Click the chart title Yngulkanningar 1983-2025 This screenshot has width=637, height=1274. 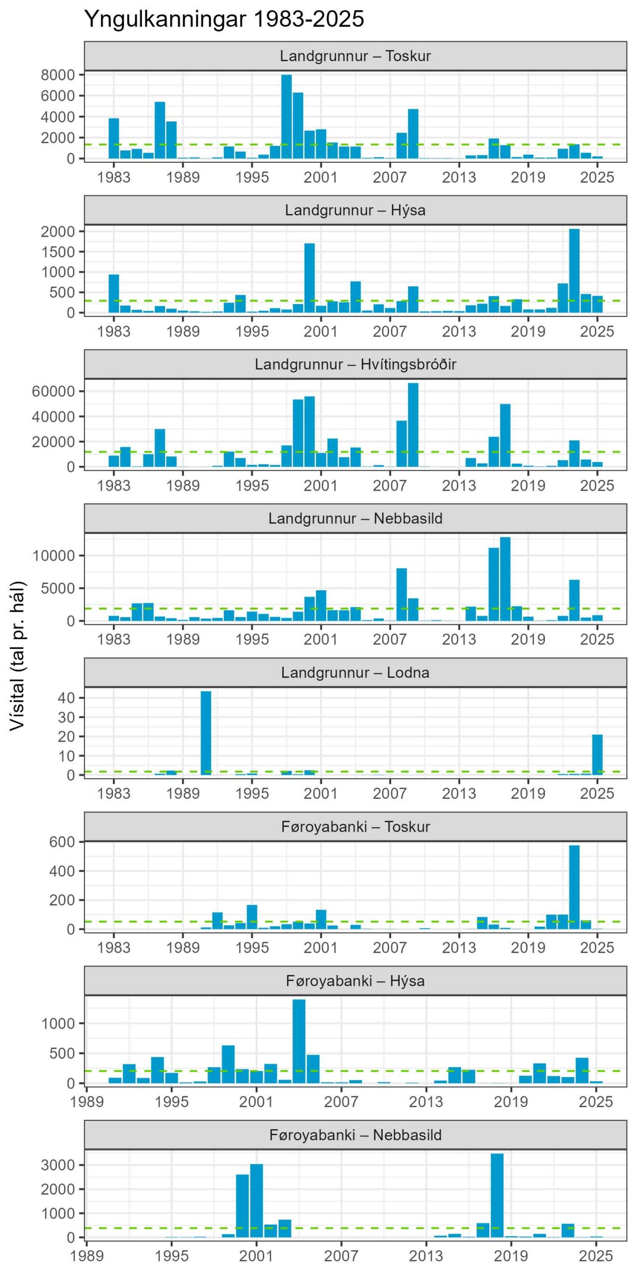[x=224, y=19]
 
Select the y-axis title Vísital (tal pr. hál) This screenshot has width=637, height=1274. [x=17, y=656]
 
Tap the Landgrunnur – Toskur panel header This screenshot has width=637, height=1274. [x=355, y=56]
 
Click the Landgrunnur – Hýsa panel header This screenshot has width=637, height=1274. [x=355, y=210]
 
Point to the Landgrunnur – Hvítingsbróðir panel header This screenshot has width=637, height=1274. [x=355, y=364]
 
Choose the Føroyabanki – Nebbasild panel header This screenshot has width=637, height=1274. [x=355, y=1135]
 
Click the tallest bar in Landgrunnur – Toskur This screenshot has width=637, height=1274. [x=287, y=116]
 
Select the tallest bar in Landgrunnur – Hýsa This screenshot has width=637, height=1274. [x=574, y=271]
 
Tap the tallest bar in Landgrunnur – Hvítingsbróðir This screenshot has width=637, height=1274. [x=413, y=425]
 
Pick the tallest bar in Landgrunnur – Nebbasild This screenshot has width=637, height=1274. [x=505, y=579]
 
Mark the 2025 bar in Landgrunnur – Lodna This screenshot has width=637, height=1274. [x=597, y=755]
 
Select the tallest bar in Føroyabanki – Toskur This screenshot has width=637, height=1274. [x=574, y=887]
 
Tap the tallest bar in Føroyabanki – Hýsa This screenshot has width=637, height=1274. [x=299, y=1041]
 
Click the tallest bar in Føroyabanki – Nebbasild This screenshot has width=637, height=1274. [x=497, y=1195]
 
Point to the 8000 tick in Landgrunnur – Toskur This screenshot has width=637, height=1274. [x=58, y=75]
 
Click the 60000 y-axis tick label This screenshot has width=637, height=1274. [x=53, y=391]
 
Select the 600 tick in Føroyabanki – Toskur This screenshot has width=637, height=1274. [x=62, y=842]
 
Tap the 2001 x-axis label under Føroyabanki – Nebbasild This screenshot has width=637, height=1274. [x=256, y=1256]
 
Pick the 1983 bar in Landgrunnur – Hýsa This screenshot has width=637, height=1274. [x=114, y=294]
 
